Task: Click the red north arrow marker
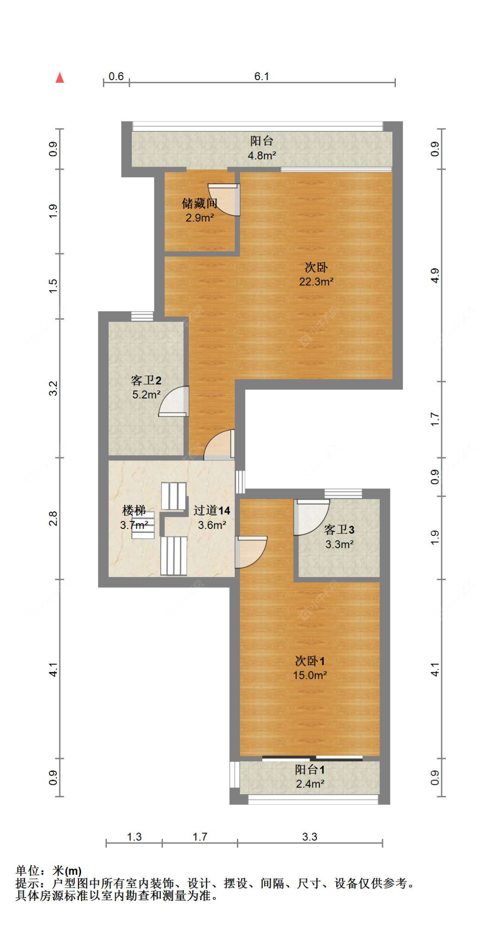[x=60, y=77]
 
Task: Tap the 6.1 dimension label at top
[x=261, y=76]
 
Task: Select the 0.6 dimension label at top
[x=116, y=76]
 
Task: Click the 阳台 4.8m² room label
[x=261, y=148]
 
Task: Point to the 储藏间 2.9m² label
[x=200, y=210]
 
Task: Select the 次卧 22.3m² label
[x=316, y=274]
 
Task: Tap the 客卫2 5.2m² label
[x=146, y=387]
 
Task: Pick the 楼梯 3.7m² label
[x=134, y=517]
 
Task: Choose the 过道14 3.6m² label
[x=212, y=517]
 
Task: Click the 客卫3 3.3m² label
[x=339, y=536]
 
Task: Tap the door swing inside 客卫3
[x=310, y=516]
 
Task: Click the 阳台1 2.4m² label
[x=310, y=776]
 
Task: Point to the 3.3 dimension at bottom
[x=310, y=837]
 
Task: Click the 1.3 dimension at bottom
[x=134, y=837]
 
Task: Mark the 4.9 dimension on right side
[x=435, y=275]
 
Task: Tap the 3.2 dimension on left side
[x=53, y=388]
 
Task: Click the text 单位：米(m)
[x=49, y=870]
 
